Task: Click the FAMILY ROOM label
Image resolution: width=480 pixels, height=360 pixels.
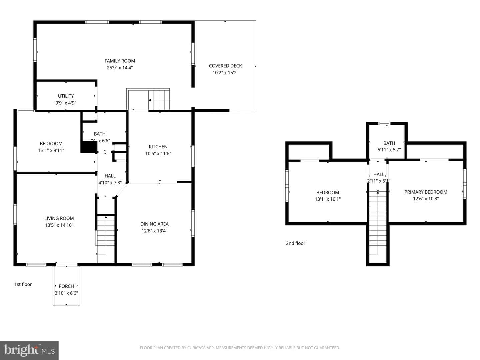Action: point(120,61)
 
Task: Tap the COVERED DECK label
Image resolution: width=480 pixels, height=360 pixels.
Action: point(225,66)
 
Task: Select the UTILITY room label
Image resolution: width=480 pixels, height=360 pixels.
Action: point(66,96)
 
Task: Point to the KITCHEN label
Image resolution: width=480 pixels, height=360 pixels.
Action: point(158,147)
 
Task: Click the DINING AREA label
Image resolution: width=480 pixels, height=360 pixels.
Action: point(154,224)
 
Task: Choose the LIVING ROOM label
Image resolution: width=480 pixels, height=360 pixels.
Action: point(59,218)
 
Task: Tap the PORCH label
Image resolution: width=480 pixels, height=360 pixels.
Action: point(66,286)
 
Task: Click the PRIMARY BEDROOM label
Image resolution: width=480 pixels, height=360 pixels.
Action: point(426,192)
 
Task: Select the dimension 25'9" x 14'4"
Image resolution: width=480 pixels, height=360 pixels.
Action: point(120,68)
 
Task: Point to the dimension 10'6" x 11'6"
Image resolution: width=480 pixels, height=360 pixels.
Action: point(158,153)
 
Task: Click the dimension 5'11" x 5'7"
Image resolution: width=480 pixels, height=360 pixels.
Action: point(389,150)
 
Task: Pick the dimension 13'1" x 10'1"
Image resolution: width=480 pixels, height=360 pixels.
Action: point(328,199)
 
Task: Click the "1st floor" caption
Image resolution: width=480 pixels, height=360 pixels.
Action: point(23,284)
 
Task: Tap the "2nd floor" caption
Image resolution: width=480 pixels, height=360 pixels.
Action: point(295,243)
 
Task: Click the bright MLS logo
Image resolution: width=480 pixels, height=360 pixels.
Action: point(29,350)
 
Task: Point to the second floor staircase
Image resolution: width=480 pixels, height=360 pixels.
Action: point(378,222)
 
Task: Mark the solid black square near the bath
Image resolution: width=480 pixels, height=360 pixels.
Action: point(89,147)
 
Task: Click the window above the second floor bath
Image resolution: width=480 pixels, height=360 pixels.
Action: point(385,123)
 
